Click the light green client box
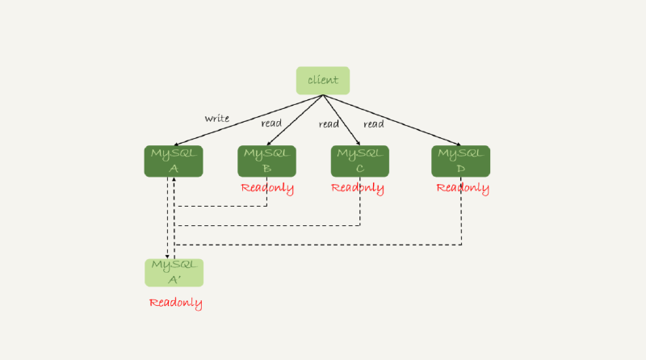click(x=323, y=81)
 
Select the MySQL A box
click(x=174, y=161)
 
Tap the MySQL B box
click(x=266, y=161)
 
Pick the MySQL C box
click(x=359, y=161)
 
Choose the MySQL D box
click(x=460, y=161)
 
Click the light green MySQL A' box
click(x=174, y=273)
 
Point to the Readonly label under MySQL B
click(x=267, y=188)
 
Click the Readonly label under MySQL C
click(x=358, y=188)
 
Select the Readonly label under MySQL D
click(x=463, y=188)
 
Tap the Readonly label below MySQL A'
click(x=175, y=303)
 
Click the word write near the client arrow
click(x=216, y=119)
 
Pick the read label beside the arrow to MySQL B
click(x=271, y=123)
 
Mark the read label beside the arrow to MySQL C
click(x=329, y=123)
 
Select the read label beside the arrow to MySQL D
click(x=373, y=123)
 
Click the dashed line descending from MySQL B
click(x=266, y=194)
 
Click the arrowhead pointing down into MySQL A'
click(x=167, y=254)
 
